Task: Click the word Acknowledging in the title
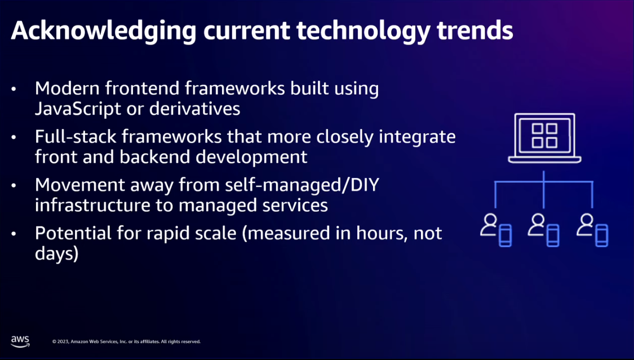[x=103, y=32]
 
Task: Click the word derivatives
[x=194, y=108]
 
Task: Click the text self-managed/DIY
[x=302, y=185]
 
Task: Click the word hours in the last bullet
[x=382, y=233]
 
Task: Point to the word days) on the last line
[x=56, y=254]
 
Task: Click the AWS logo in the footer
[x=20, y=341]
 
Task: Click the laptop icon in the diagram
[x=544, y=138]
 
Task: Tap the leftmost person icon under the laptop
[x=489, y=225]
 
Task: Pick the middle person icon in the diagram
[x=537, y=225]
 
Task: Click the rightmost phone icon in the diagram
[x=601, y=235]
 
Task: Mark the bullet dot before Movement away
[x=14, y=185]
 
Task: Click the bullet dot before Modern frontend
[x=14, y=89]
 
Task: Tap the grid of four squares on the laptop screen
[x=544, y=136]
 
